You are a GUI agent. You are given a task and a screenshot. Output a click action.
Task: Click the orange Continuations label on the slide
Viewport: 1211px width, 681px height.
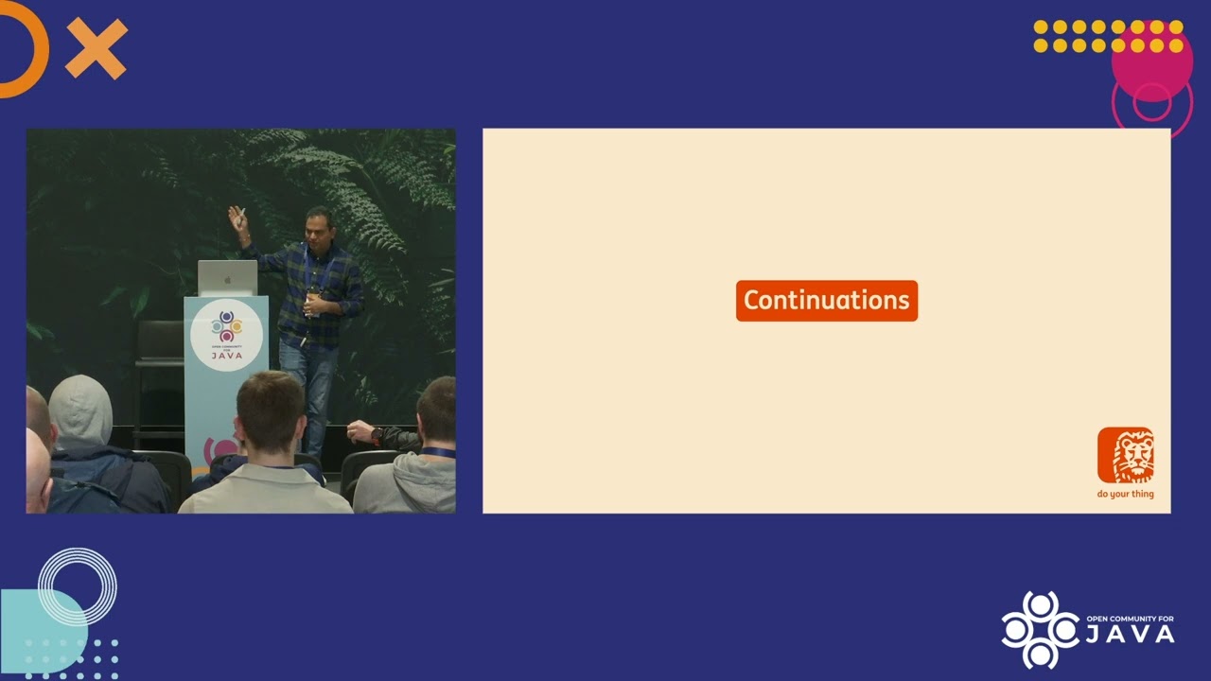(826, 301)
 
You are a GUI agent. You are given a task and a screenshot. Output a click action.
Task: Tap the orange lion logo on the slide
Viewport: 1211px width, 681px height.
(1125, 455)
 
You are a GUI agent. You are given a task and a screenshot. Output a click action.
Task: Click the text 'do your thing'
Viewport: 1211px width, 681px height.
(1125, 494)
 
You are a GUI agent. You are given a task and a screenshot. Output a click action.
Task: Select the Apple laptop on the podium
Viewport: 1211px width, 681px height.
(227, 278)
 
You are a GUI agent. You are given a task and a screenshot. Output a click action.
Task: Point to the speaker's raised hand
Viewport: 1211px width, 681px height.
(236, 219)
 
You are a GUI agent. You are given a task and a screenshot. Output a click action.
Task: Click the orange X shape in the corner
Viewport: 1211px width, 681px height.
(96, 48)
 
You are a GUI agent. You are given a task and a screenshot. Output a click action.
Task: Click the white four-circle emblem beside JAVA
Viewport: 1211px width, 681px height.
(1040, 629)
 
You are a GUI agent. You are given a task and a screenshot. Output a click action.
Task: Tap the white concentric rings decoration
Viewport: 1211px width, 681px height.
(78, 586)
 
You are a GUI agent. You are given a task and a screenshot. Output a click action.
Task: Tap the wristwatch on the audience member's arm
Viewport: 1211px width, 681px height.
(377, 436)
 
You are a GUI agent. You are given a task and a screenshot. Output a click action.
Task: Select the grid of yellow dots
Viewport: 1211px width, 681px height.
(1107, 36)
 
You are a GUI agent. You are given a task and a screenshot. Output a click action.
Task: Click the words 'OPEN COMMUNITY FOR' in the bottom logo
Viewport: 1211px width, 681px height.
(1130, 619)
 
